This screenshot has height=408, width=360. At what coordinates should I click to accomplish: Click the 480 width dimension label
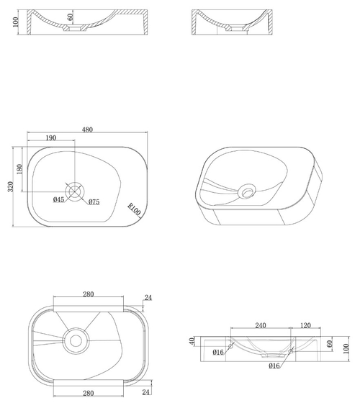[87, 130]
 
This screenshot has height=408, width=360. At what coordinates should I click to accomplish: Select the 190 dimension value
[50, 138]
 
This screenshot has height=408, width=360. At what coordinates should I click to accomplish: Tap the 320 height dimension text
[10, 187]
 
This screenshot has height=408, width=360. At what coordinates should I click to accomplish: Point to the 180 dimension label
[19, 169]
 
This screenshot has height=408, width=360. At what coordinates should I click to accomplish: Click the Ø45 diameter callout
[58, 199]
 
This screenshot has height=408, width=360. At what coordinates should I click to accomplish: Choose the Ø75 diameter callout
[94, 201]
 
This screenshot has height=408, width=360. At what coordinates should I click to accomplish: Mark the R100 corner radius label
[135, 209]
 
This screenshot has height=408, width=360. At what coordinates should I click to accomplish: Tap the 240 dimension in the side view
[261, 325]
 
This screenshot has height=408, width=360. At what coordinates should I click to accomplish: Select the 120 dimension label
[305, 325]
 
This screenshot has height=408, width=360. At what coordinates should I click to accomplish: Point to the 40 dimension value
[192, 341]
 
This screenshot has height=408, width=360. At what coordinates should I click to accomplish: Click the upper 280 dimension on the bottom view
[89, 294]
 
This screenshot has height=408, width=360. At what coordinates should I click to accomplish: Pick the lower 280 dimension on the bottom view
[89, 393]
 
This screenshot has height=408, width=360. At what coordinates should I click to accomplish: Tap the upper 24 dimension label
[148, 297]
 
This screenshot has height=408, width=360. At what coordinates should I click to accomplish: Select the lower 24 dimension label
[146, 392]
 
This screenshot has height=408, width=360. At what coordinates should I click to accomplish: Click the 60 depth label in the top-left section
[70, 17]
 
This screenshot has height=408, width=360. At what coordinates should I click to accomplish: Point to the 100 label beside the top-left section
[15, 22]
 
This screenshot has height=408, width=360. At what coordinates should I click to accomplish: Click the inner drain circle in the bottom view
[76, 341]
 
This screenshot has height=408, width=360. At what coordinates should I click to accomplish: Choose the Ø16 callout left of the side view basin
[218, 352]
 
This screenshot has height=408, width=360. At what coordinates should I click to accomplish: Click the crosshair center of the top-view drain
[75, 191]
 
